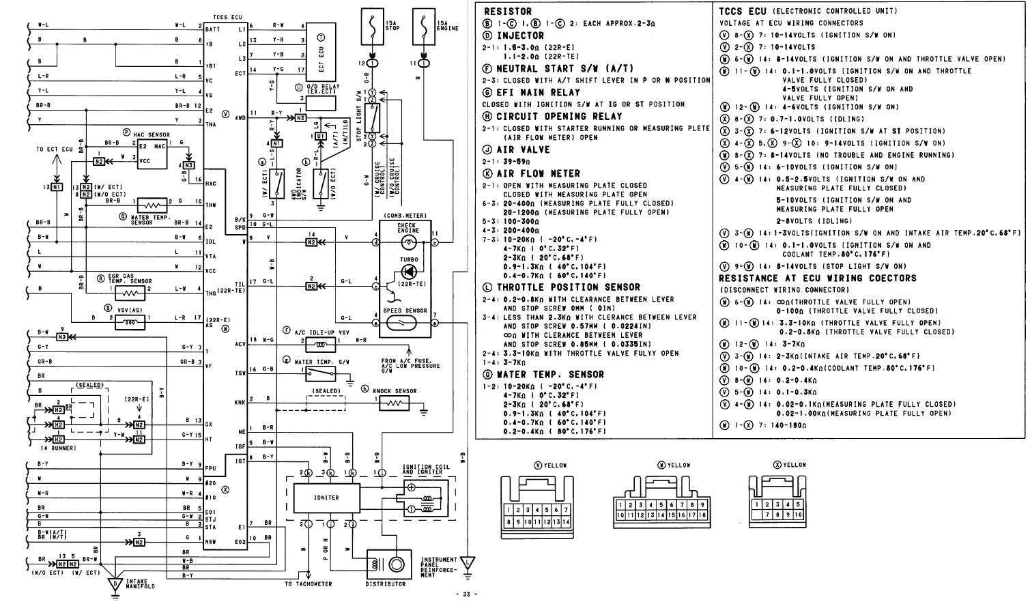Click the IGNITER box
(326, 498)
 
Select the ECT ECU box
(321, 55)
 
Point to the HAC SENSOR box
(152, 154)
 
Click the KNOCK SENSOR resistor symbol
(395, 403)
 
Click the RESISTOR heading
(508, 12)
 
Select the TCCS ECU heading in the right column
(743, 11)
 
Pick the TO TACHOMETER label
(309, 584)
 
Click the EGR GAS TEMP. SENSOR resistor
(130, 293)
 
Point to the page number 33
(466, 594)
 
